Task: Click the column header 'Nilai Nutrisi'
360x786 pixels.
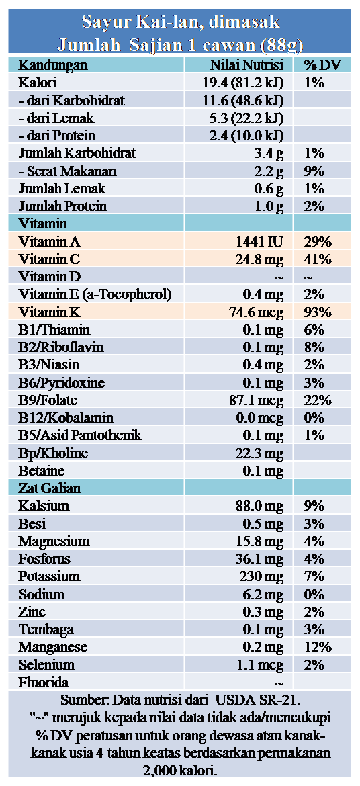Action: pyautogui.click(x=246, y=65)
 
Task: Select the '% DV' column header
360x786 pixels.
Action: pyautogui.click(x=319, y=65)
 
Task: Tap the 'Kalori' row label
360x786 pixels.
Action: pyautogui.click(x=37, y=83)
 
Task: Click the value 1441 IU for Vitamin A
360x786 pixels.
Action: pyautogui.click(x=260, y=242)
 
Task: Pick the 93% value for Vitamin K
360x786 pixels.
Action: pyautogui.click(x=318, y=312)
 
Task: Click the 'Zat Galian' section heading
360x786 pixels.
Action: pyautogui.click(x=50, y=488)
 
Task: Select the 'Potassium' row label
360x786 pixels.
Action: pyautogui.click(x=46, y=576)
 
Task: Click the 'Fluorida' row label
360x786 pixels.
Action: pyautogui.click(x=44, y=682)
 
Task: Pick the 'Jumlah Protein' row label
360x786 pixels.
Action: pyautogui.click(x=62, y=206)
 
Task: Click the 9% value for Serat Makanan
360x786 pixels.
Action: pyautogui.click(x=314, y=171)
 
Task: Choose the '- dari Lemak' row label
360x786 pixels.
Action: pyautogui.click(x=56, y=118)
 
